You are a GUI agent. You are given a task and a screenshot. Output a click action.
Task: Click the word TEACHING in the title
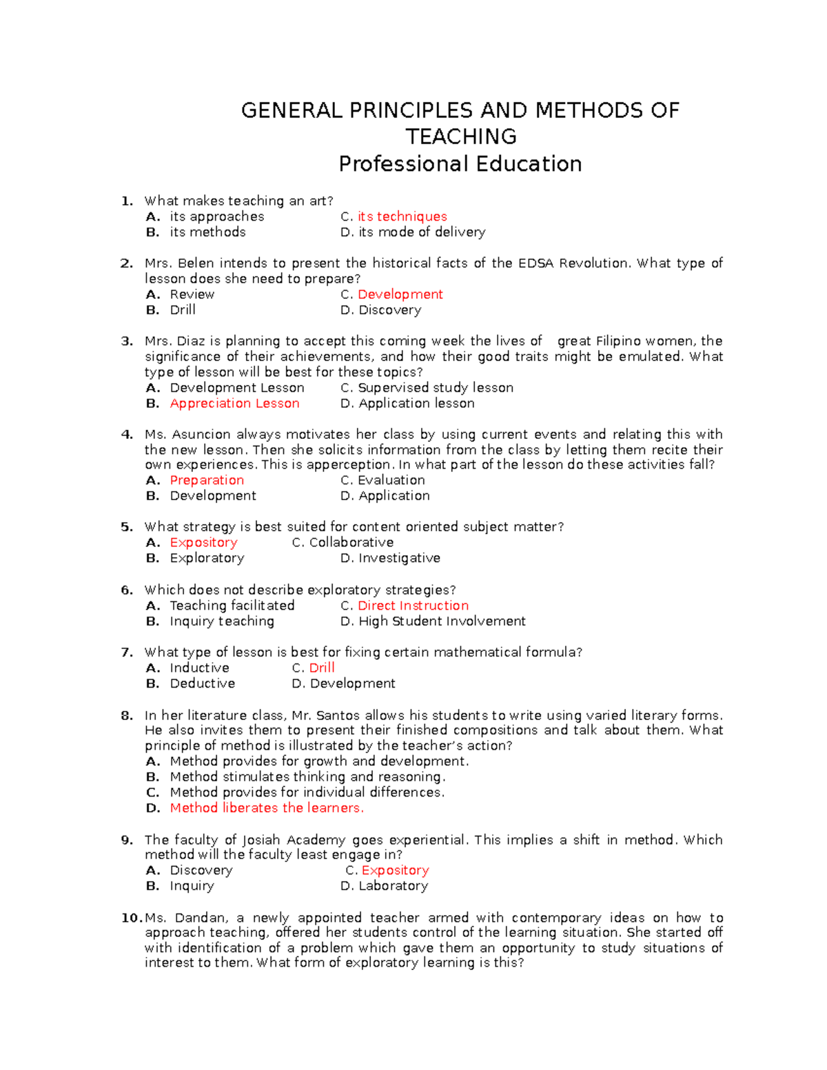click(x=460, y=136)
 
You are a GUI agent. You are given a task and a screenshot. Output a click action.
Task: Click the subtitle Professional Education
click(x=460, y=164)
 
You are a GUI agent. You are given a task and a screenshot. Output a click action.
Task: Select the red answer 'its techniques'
click(x=402, y=216)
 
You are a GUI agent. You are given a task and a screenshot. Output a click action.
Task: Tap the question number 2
click(x=126, y=263)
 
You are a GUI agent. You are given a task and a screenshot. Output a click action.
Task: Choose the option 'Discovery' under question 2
click(x=389, y=310)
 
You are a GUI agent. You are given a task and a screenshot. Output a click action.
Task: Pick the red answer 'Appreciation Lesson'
click(x=234, y=404)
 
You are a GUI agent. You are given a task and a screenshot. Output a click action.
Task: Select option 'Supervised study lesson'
click(x=435, y=388)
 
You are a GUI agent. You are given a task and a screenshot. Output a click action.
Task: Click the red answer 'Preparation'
click(x=207, y=480)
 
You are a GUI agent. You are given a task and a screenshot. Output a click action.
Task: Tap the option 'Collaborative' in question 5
click(x=351, y=543)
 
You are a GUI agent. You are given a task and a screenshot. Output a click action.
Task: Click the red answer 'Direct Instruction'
click(x=413, y=606)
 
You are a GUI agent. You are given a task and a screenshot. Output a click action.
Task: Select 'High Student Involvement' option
click(x=442, y=621)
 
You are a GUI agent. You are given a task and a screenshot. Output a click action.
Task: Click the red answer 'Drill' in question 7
click(x=322, y=668)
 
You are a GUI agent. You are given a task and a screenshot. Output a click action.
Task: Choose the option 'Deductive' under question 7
click(x=202, y=683)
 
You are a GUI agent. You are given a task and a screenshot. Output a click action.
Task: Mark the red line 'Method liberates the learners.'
click(x=267, y=808)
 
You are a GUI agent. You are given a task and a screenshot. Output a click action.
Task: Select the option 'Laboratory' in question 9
click(x=393, y=886)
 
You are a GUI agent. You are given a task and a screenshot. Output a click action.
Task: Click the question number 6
click(x=126, y=590)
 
